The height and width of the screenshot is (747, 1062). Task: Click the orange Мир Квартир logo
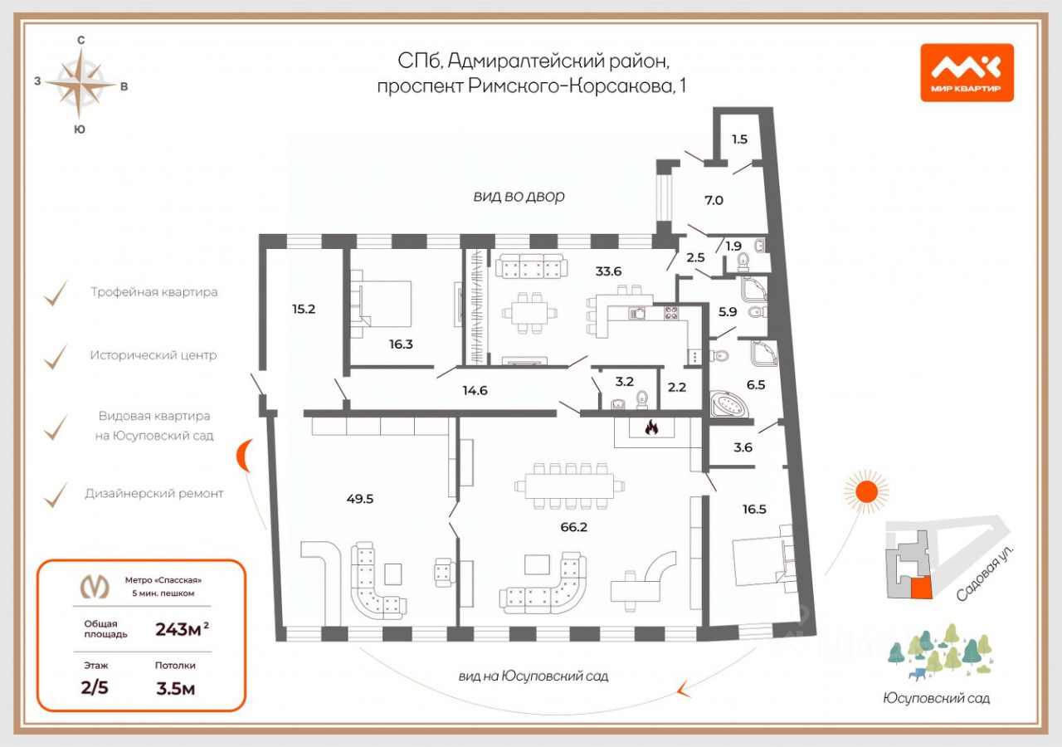(967, 72)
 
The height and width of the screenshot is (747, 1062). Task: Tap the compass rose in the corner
(80, 83)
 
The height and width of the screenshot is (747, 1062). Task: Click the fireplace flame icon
(651, 428)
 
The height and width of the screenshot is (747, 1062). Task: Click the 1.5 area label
(739, 139)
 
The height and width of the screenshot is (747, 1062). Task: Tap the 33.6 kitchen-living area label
(608, 270)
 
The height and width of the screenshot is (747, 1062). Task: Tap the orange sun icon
(866, 490)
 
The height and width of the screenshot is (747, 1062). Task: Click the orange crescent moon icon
(246, 455)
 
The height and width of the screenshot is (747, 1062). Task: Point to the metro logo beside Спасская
(94, 587)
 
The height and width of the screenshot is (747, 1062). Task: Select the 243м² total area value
(182, 629)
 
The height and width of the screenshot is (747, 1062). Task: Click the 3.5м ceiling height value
(175, 687)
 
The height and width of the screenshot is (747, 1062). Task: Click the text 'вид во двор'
(519, 197)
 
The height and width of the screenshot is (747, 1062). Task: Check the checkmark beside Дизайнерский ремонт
(56, 495)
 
